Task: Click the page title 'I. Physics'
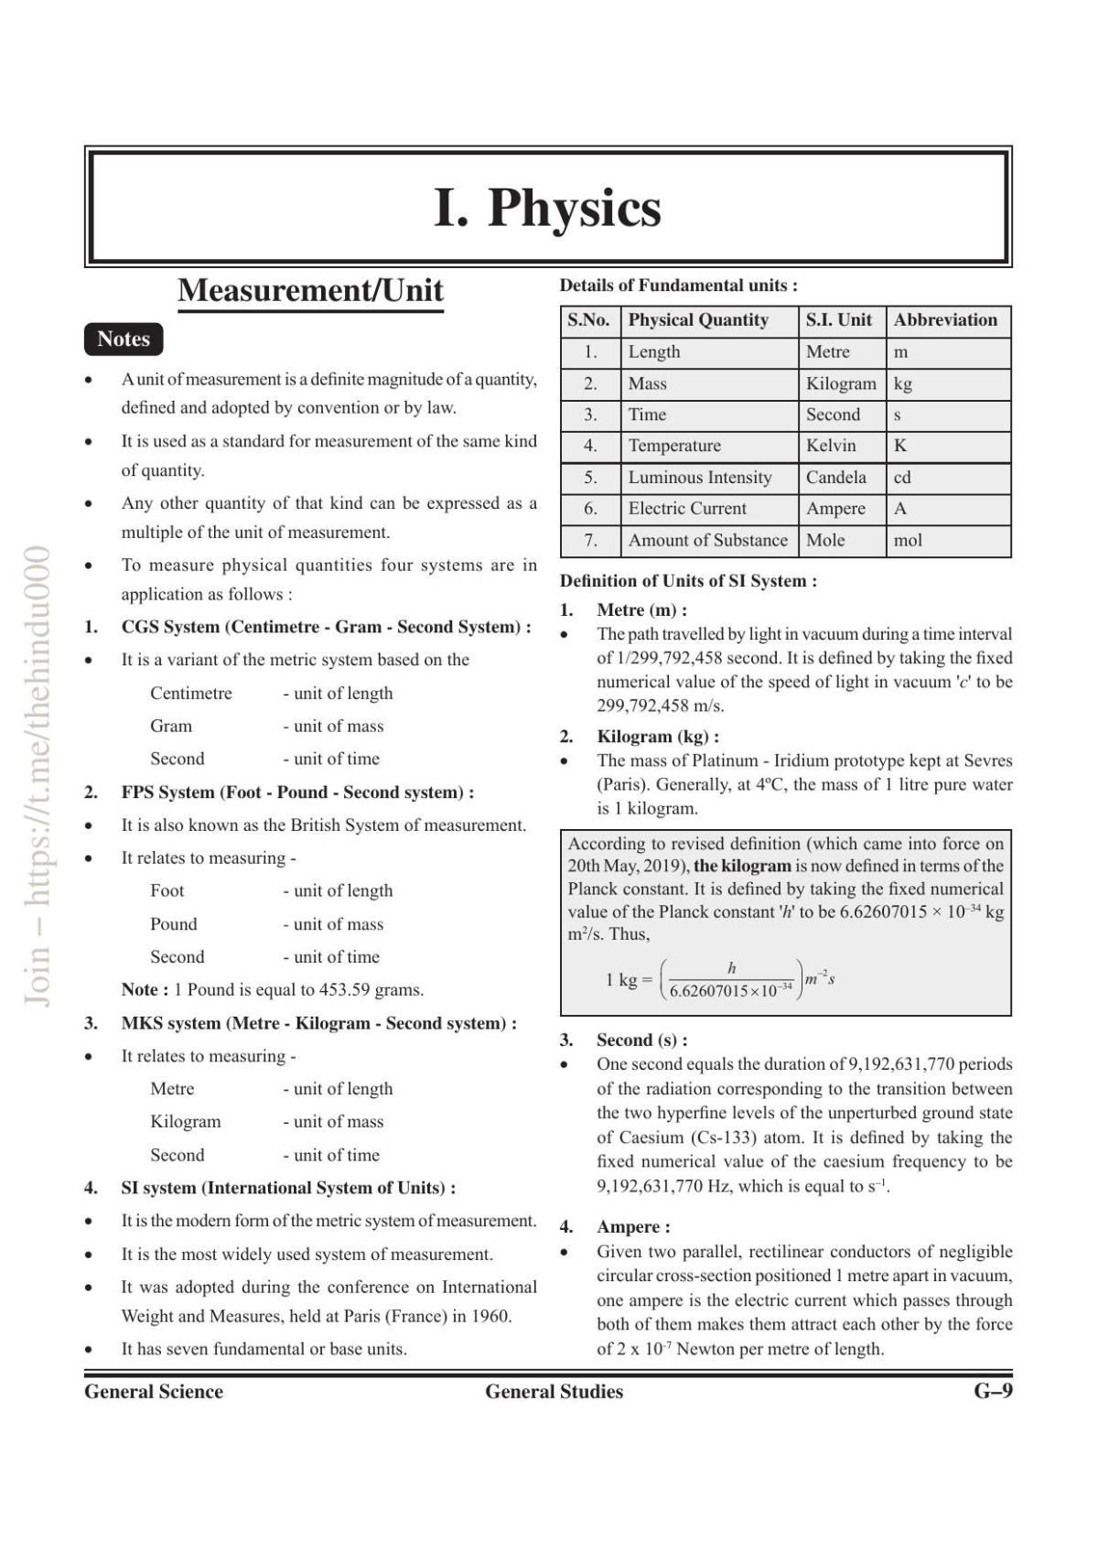(547, 208)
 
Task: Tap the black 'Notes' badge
(124, 339)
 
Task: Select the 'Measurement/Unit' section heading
(310, 290)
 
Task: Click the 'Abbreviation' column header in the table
(945, 320)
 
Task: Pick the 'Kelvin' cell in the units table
(831, 446)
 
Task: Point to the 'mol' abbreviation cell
(908, 540)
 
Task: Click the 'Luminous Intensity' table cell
(700, 477)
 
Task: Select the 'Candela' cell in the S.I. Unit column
(835, 477)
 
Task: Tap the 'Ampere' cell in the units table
(835, 509)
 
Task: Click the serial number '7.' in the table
(590, 540)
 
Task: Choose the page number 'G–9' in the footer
(993, 1391)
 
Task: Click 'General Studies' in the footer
(554, 1391)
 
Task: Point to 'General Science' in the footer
(154, 1391)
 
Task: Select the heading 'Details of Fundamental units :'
(678, 286)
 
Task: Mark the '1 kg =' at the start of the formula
(629, 980)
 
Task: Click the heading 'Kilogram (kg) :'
(657, 737)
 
